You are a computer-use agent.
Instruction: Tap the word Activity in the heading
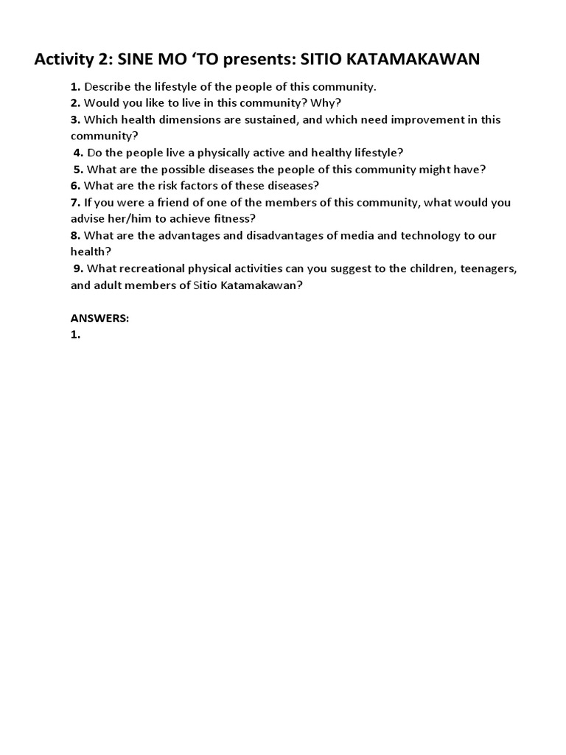click(64, 60)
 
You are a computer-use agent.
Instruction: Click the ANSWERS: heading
click(99, 318)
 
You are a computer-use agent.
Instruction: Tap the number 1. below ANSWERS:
click(75, 334)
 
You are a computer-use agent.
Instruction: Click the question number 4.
click(78, 153)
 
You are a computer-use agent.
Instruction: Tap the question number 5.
click(78, 169)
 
